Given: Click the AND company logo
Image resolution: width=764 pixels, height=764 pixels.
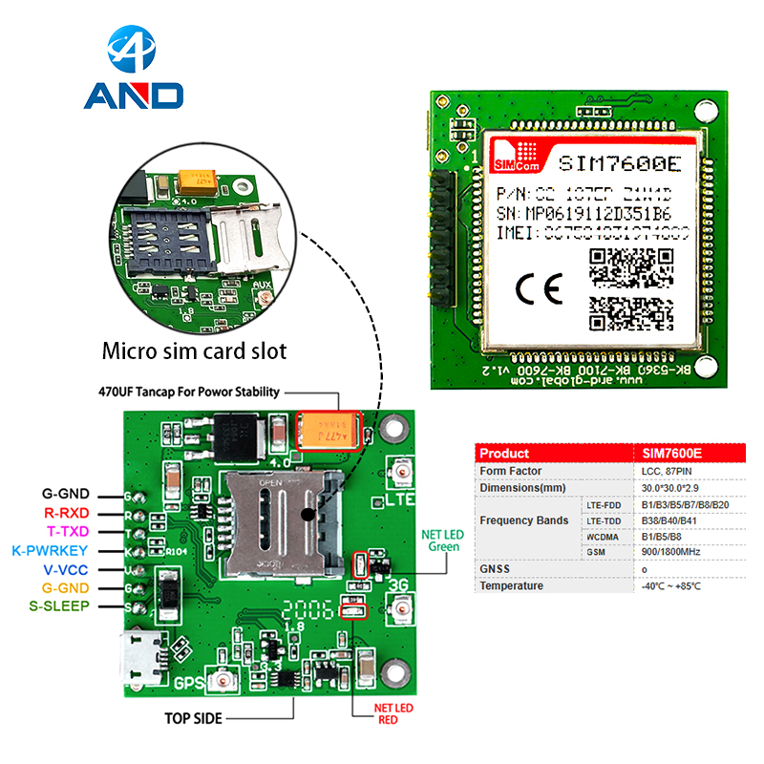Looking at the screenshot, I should tap(133, 71).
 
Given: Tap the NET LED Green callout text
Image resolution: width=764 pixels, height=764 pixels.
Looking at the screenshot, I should tap(442, 541).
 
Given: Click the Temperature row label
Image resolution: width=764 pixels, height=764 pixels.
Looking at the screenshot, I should tap(512, 585).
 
